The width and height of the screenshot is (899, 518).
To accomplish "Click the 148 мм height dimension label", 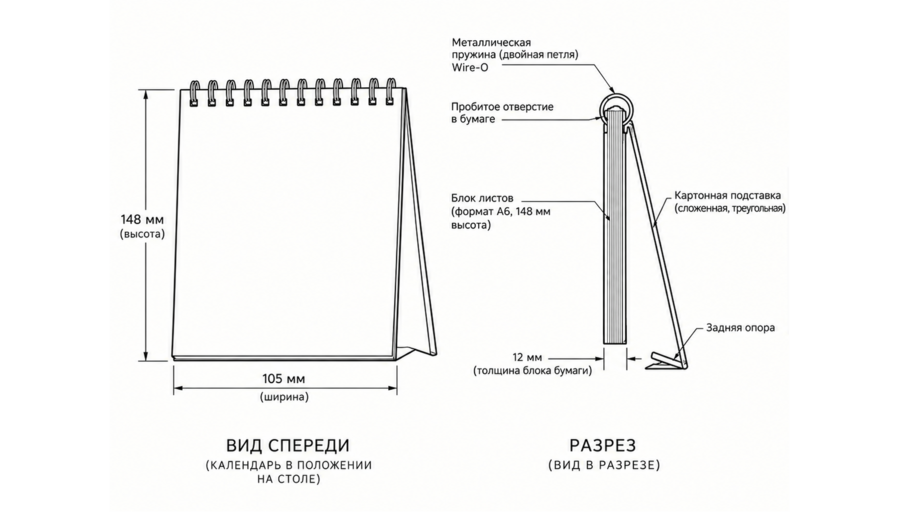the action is (x=142, y=219).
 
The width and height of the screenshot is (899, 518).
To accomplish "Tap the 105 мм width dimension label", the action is (x=284, y=379).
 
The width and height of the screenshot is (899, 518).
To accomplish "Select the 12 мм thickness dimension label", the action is (x=528, y=358).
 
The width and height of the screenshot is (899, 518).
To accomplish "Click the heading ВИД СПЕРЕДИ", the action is (x=288, y=445).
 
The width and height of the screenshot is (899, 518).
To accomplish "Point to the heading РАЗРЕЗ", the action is (x=603, y=445).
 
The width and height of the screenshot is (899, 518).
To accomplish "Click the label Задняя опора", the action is (x=740, y=328).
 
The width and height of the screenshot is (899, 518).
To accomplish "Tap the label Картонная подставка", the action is (x=727, y=196).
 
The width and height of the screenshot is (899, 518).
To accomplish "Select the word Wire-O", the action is (x=470, y=68).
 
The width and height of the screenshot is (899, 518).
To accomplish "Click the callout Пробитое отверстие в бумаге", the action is (x=502, y=113).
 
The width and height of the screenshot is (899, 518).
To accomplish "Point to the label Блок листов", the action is (x=482, y=199).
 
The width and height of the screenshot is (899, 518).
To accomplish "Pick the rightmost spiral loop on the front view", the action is (x=391, y=91).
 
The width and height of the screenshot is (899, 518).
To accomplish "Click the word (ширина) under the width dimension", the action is (x=284, y=397).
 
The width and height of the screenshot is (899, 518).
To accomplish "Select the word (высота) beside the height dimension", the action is (x=142, y=234).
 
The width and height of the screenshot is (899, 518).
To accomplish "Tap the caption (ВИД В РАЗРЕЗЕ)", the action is (x=604, y=465).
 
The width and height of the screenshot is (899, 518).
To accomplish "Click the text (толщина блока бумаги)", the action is (x=533, y=371).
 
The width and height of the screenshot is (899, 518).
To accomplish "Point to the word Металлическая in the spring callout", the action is (x=491, y=42).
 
